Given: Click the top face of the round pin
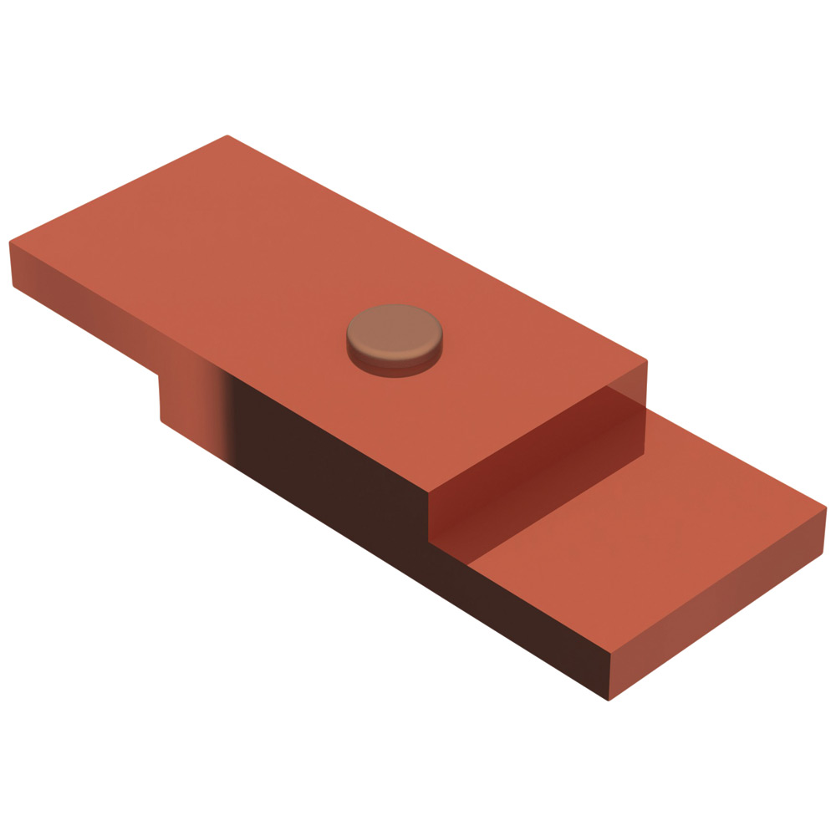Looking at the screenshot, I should pos(395,327).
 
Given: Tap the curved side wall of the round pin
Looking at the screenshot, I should pos(393,361).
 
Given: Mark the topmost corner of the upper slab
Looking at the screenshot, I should pos(227,135).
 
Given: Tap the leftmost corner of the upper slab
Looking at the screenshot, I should pos(9,242).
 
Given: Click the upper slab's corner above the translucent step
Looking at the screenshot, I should pos(647,361).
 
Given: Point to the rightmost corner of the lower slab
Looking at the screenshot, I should pos(826,507).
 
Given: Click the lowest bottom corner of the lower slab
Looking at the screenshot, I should pos(609,700).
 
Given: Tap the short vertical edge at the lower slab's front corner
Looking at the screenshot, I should pos(608,677).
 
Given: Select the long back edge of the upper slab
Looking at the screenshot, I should pos(435,247).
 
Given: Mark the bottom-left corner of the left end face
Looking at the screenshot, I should pos(13,286).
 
